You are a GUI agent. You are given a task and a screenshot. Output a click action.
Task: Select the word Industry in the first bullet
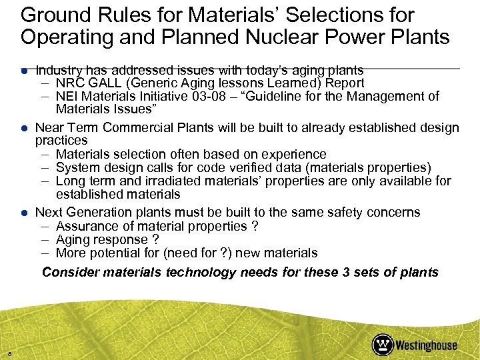tap(58, 70)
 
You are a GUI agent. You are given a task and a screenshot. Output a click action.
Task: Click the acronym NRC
tap(69, 83)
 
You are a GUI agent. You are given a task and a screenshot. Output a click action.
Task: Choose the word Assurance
tap(86, 226)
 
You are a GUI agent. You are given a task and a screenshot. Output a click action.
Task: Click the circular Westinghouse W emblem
tap(383, 345)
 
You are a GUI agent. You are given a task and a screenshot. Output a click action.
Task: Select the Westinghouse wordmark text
tap(427, 345)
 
